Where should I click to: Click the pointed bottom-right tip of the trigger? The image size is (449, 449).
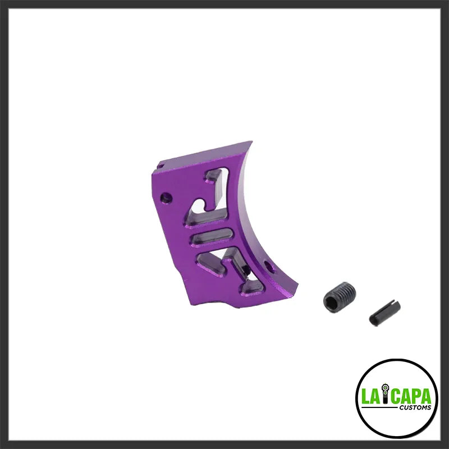296,291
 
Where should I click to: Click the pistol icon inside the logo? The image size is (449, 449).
388,396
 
